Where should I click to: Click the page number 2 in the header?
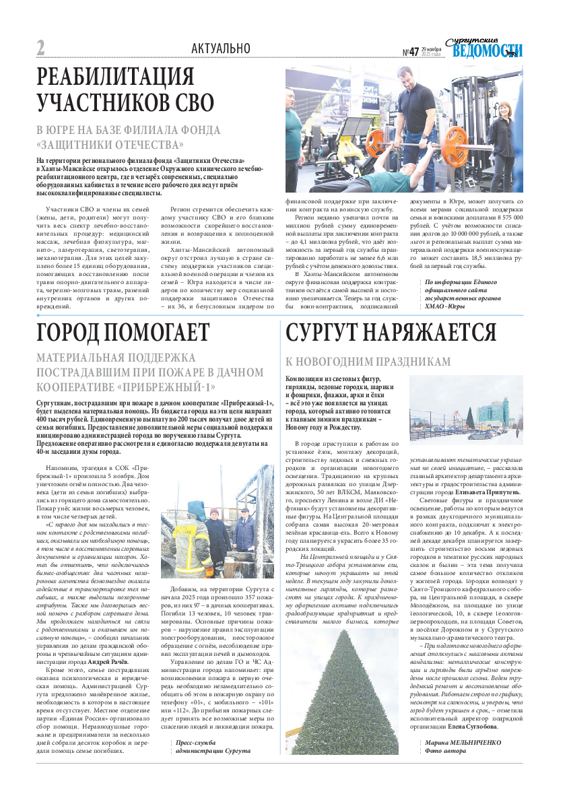click(x=40, y=48)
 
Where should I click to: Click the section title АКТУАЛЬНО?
click(x=220, y=48)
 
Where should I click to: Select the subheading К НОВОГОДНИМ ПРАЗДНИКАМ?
click(x=368, y=362)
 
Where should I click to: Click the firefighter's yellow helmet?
click(x=197, y=506)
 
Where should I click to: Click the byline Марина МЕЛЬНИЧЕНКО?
click(x=463, y=742)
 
